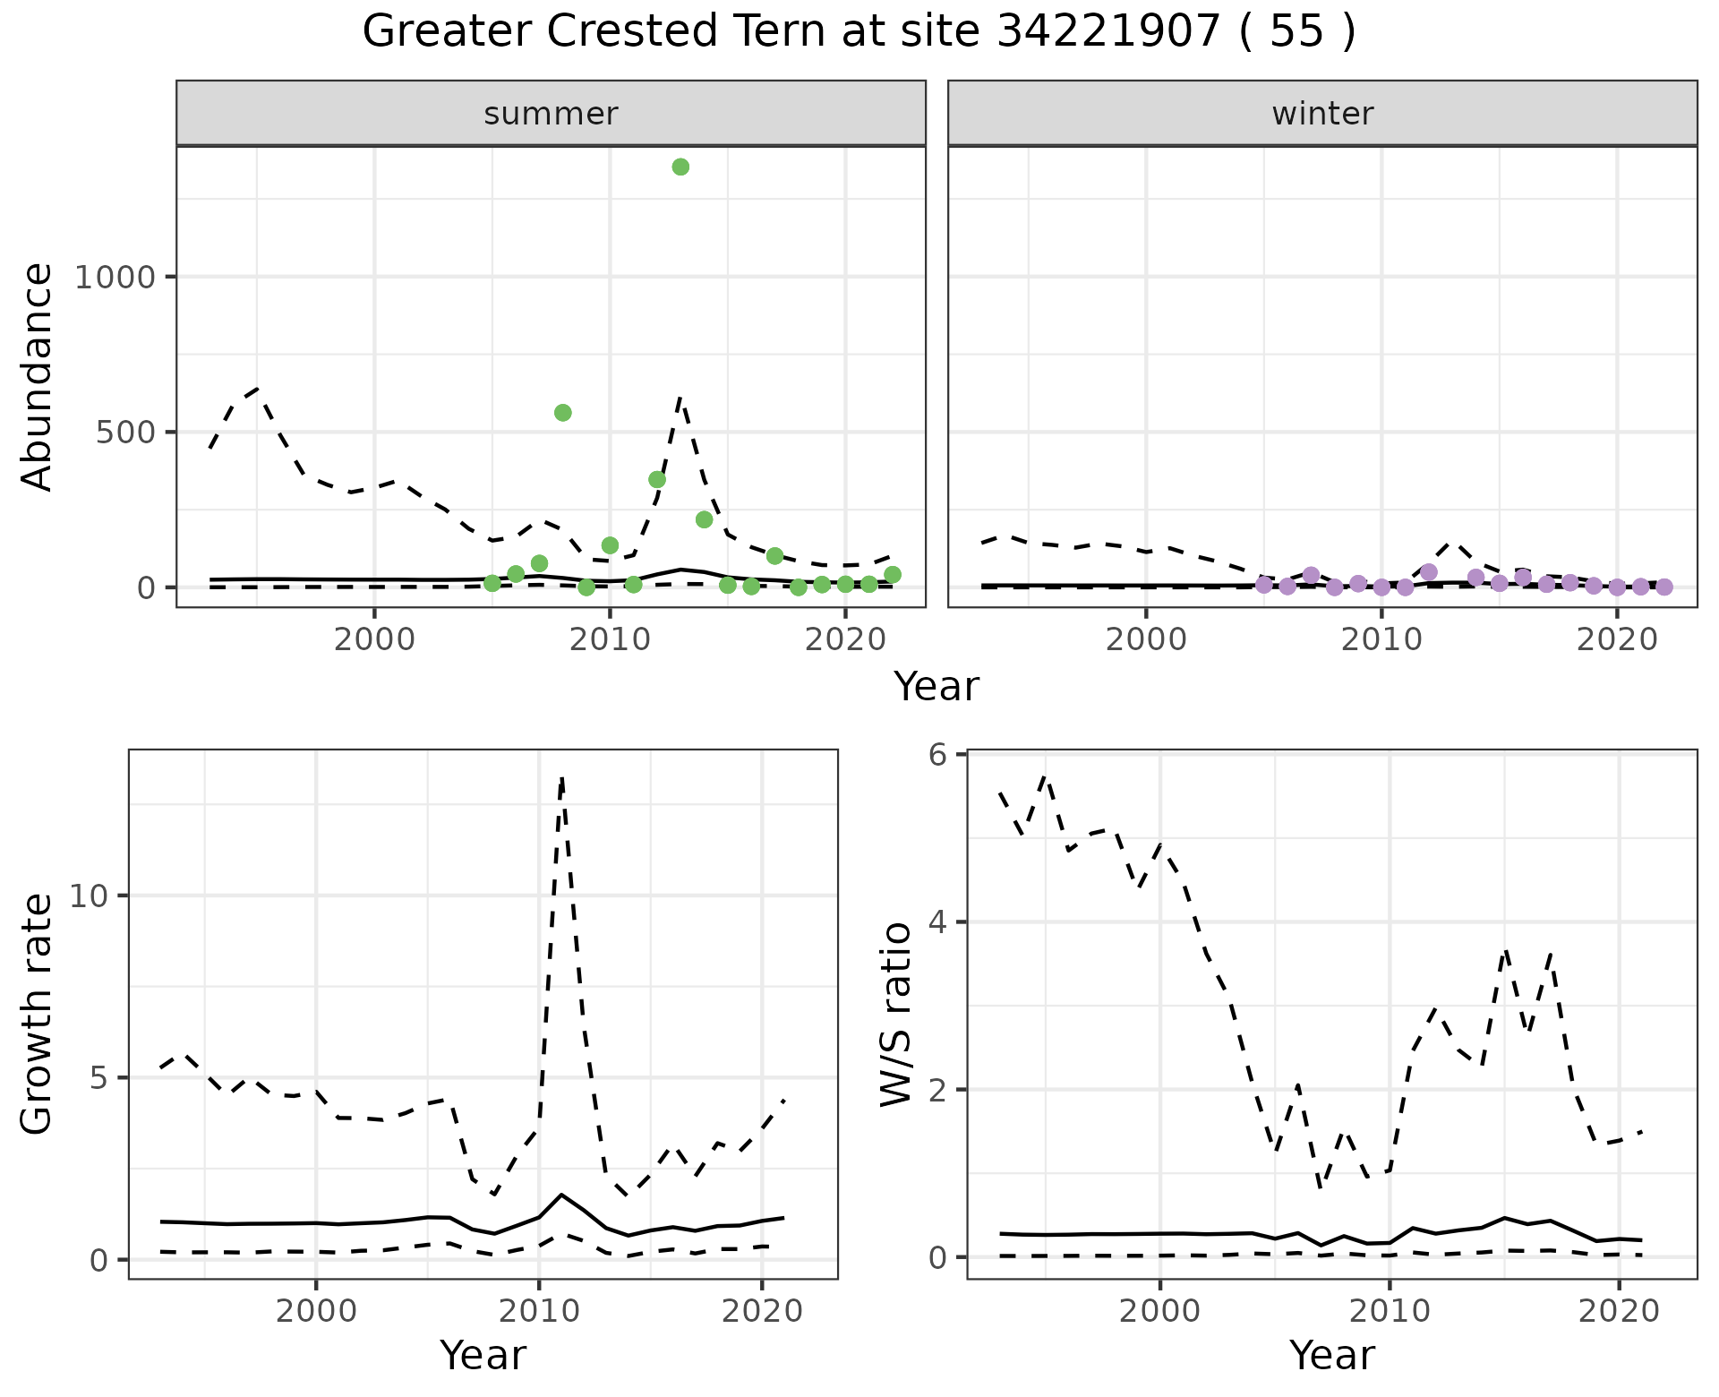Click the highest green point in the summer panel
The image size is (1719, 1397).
680,167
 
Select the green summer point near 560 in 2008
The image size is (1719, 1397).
563,413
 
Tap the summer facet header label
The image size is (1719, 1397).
551,114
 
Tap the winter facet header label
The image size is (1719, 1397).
1322,114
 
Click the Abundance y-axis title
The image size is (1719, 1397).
38,376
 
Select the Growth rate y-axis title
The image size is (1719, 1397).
38,1015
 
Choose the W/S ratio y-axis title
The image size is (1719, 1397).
895,1015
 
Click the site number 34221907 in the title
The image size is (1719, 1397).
1108,32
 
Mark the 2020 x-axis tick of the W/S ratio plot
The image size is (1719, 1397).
1619,1312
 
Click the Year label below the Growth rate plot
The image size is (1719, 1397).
483,1355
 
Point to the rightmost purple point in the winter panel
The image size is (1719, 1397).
1663,587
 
